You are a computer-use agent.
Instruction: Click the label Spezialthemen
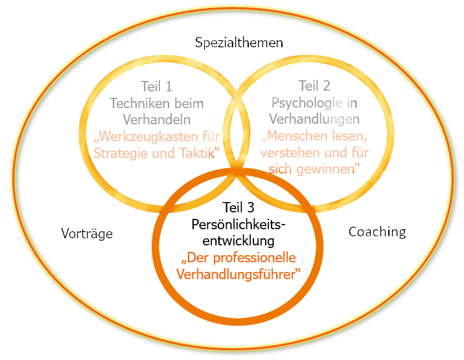tap(239, 44)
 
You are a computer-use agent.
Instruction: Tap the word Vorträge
tap(87, 233)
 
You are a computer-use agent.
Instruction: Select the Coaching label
tap(377, 231)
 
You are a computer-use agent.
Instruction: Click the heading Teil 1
tap(156, 86)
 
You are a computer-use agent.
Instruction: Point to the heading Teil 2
tap(314, 86)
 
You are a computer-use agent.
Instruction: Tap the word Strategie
tap(122, 153)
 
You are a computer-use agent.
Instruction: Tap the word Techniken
tap(138, 103)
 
